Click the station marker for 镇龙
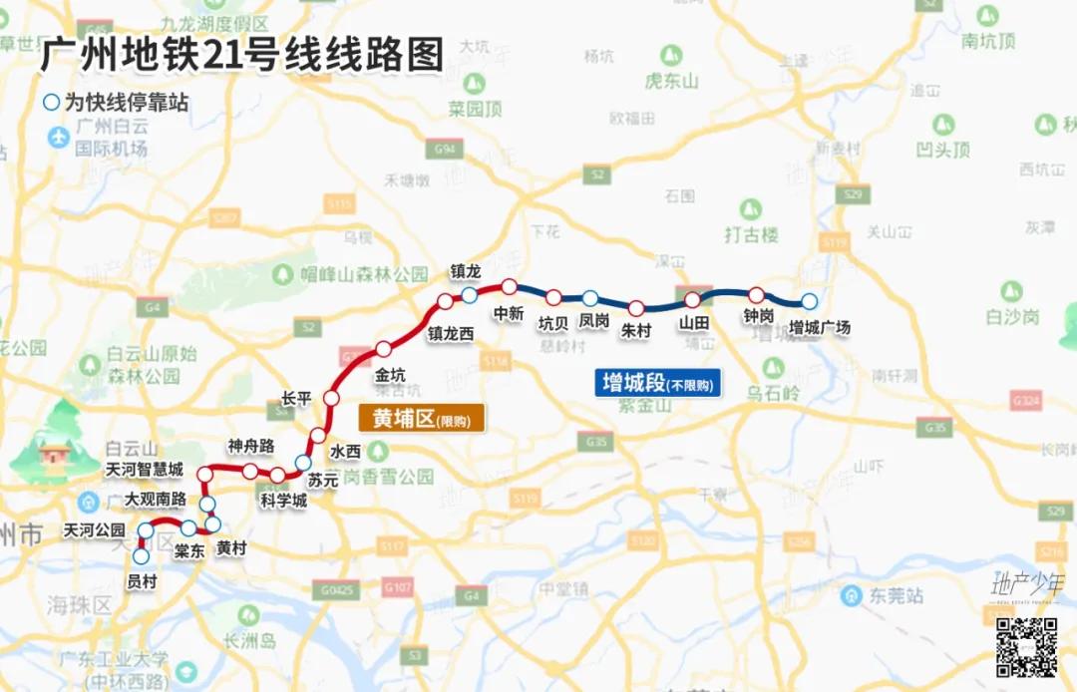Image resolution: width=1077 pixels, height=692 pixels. coord(469,295)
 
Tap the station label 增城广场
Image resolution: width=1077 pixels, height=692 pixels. coord(819,326)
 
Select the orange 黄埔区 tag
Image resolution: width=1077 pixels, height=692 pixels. coord(421,419)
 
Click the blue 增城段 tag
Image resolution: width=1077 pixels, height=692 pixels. coord(658,383)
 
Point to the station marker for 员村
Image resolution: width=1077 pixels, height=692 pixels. coord(141,557)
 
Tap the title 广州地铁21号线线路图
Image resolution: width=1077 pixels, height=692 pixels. coord(240,55)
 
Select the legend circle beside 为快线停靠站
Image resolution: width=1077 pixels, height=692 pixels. coord(51,103)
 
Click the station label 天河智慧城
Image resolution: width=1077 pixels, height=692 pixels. coord(145,469)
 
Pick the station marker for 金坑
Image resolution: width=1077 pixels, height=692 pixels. coord(384,349)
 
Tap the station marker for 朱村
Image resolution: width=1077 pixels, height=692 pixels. coord(635,308)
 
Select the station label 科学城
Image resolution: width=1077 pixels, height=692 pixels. coord(282,500)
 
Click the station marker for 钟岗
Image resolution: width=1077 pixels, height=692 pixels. coord(756,294)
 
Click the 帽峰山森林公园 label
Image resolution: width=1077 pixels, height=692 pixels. coord(363,273)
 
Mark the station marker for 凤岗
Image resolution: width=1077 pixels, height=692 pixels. coord(590,297)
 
